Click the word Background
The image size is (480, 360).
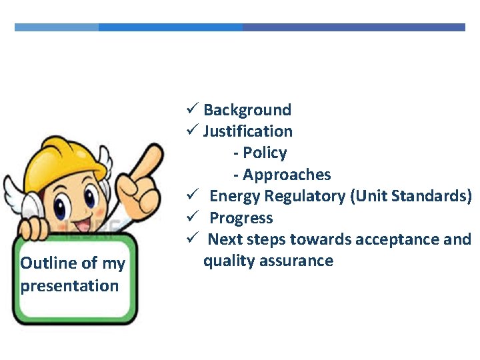(x=247, y=110)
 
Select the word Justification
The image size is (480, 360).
(x=248, y=131)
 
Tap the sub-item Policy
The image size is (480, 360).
(x=265, y=153)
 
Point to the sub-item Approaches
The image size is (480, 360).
(x=287, y=175)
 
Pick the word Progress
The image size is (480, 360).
(x=241, y=218)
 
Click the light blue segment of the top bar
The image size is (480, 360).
(x=57, y=27)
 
